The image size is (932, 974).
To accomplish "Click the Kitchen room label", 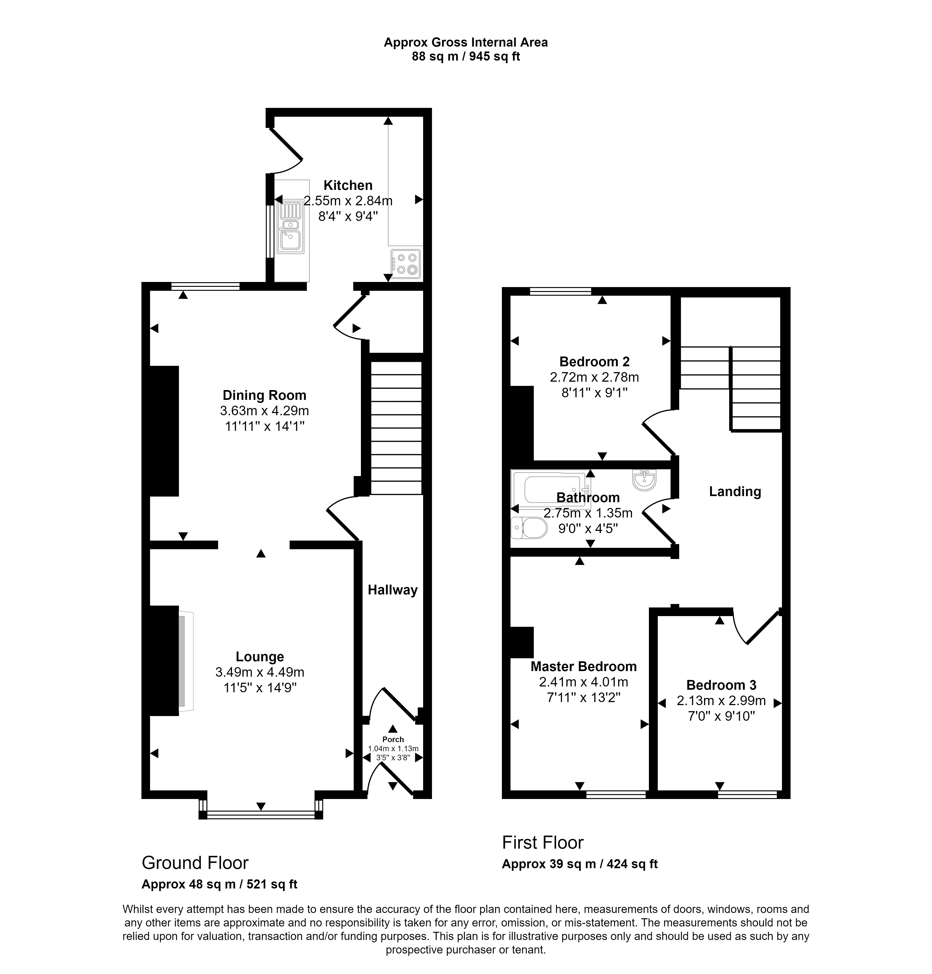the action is [348, 185].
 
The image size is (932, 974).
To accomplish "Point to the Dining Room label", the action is [264, 396].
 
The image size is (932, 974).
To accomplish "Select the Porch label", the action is [393, 739].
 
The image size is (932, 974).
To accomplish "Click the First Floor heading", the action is [543, 843].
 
